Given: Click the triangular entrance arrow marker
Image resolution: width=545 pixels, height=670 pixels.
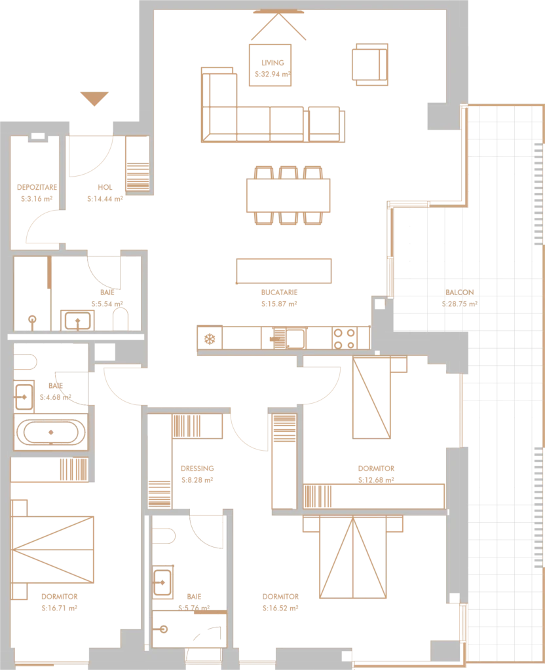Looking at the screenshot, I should pos(94,99).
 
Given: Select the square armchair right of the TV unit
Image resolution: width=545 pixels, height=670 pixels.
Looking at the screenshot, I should pos(369,65).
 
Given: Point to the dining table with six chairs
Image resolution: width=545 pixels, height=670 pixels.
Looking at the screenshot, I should pos(288,194).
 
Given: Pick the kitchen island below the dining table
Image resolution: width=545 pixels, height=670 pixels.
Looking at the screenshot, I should pos(286,270).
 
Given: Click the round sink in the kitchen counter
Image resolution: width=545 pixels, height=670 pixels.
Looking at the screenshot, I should pos(211,340).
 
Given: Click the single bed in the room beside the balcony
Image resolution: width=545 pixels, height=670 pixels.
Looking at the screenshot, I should pos(372,399).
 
